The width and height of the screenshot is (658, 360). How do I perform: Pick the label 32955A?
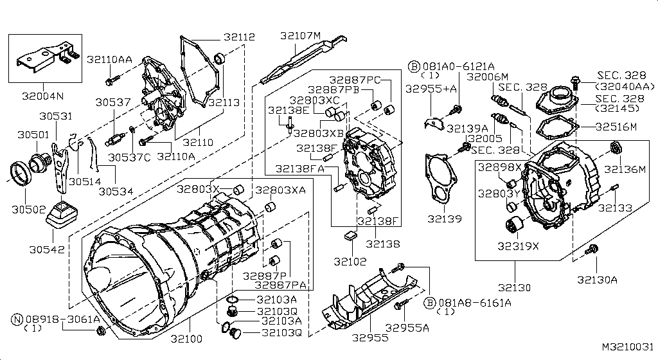tap(407, 328)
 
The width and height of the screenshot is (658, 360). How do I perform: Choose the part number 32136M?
tap(624, 170)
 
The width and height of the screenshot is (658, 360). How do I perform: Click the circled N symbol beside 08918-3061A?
tap(17, 319)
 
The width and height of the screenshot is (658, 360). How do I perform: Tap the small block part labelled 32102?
tap(351, 235)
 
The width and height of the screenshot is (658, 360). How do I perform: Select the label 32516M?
tap(616, 127)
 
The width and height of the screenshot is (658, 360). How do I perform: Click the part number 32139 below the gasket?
tap(445, 219)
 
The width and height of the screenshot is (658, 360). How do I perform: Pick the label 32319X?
tap(518, 245)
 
